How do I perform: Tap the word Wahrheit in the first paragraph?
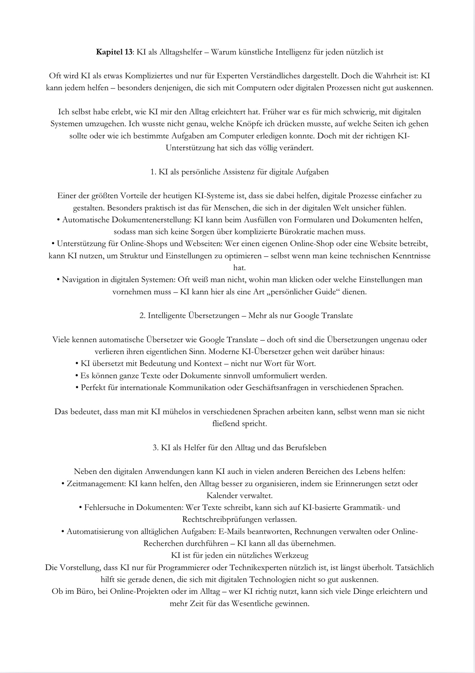click(380, 76)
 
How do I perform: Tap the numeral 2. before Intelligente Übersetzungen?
click(142, 316)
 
